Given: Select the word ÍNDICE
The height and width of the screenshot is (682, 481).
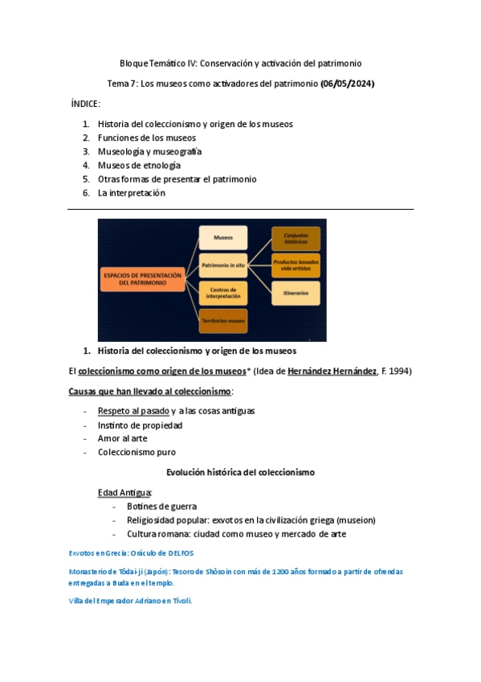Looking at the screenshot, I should [x=86, y=105].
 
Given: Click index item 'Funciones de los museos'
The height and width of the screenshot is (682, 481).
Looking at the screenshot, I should [x=146, y=138].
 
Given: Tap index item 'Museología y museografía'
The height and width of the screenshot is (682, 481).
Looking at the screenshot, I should [x=149, y=151].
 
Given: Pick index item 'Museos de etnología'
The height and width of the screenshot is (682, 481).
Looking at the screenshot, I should [x=139, y=165].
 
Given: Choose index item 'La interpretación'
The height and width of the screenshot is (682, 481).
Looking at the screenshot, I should [x=131, y=192].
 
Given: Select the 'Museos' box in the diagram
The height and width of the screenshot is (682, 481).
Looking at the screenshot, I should [x=222, y=238].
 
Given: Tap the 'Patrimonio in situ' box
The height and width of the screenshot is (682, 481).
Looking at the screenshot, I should [x=222, y=265].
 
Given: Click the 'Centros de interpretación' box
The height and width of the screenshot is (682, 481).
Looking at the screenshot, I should [x=222, y=293].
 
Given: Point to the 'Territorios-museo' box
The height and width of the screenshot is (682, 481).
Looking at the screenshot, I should [x=222, y=321].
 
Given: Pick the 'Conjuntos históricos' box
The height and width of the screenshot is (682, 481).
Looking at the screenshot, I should [x=296, y=238].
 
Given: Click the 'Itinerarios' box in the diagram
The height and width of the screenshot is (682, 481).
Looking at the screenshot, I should [x=296, y=294].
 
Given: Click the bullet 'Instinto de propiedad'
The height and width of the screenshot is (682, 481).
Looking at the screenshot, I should [x=140, y=425].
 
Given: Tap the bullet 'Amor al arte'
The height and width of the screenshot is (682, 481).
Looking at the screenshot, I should [x=124, y=438].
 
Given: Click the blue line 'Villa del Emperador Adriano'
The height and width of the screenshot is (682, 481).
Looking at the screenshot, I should [x=131, y=601].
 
